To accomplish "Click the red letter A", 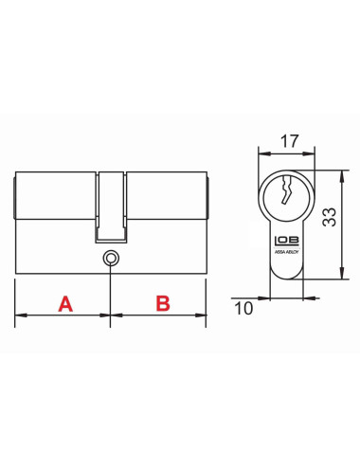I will (x=65, y=304).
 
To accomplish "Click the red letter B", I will (x=162, y=304).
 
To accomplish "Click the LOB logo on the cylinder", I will (x=281, y=241).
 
